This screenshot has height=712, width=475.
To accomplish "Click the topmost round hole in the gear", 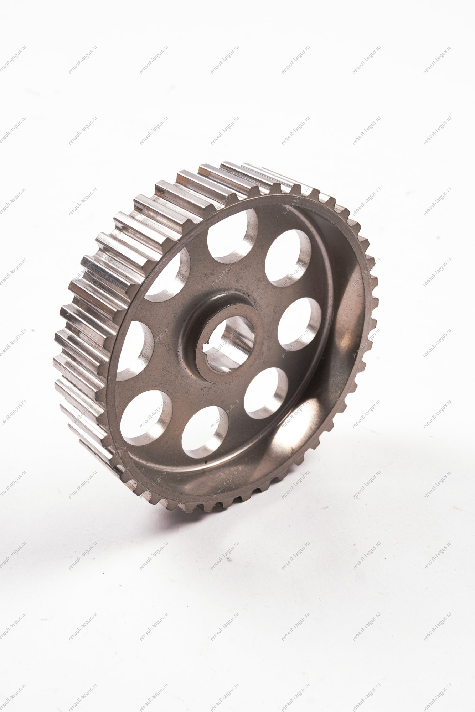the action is [232, 236].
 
